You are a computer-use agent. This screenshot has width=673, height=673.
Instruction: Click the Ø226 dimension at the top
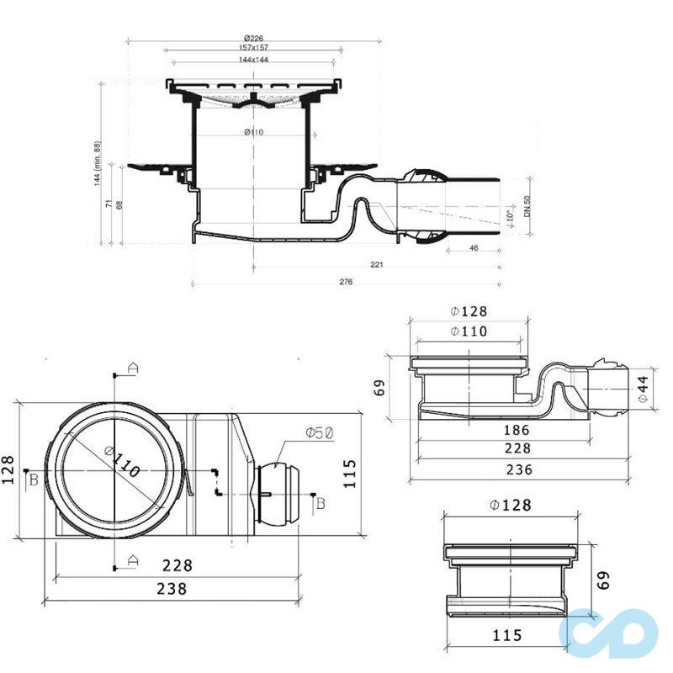pos(253,39)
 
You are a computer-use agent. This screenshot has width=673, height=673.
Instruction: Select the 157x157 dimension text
pos(253,49)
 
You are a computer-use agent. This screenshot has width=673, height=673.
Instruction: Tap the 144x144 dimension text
pos(253,61)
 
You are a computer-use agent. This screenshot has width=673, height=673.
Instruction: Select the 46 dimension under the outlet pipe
pos(474,249)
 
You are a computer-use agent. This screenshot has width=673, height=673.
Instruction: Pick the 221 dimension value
pos(377,265)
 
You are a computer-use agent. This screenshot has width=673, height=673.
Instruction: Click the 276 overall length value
pos(345,283)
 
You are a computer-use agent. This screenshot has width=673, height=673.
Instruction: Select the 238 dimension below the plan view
pos(172,588)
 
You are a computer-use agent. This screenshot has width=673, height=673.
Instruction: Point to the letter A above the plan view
pos(132,367)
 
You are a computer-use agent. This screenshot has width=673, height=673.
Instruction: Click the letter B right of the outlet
pos(320,503)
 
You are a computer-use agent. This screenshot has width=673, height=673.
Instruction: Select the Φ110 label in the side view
pos(469,331)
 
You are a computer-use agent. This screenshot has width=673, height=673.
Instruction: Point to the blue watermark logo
pos(612,632)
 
